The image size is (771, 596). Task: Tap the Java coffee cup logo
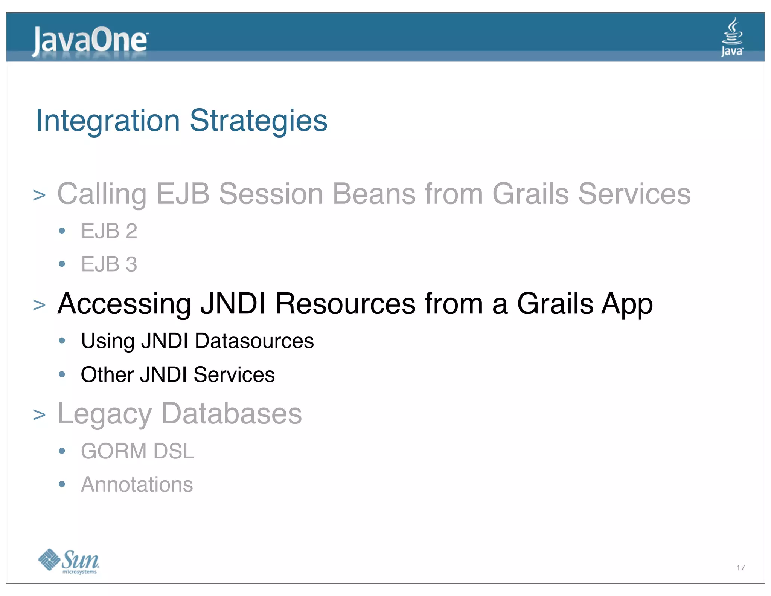(731, 37)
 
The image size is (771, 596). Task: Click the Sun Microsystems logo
(69, 561)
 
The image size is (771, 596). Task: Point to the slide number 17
(741, 568)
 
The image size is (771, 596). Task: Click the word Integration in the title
(108, 121)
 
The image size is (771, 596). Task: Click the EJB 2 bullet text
(109, 231)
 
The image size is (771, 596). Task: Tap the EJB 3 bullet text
(109, 264)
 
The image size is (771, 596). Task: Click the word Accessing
(124, 304)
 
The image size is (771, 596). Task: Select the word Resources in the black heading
(345, 304)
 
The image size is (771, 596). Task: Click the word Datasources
(254, 341)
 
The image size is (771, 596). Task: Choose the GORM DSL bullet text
(137, 451)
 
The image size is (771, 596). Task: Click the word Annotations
(137, 484)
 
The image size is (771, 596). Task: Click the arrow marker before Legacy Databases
(39, 415)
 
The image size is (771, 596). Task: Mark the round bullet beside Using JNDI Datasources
(62, 341)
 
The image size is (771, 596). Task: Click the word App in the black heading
(627, 304)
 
